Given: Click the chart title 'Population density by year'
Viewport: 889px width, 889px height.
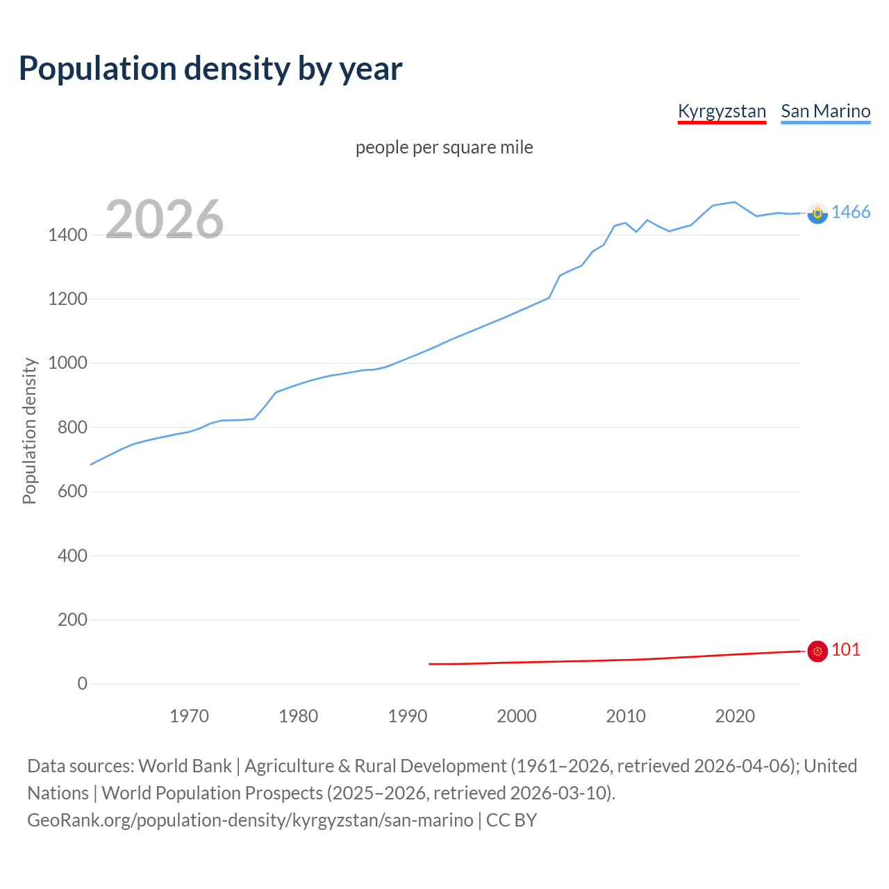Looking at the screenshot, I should [210, 69].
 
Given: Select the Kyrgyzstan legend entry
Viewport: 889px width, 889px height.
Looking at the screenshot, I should [722, 111].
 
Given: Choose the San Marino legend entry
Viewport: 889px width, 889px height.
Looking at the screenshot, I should [825, 111].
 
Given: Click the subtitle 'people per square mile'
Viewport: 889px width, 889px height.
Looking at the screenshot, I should [444, 147].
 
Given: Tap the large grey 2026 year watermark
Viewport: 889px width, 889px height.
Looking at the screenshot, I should [165, 219].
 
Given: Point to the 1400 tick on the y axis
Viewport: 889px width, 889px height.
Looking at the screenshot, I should [67, 235].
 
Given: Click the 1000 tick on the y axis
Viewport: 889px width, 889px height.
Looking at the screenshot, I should [67, 363].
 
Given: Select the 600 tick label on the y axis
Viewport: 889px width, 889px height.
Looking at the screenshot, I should [72, 492].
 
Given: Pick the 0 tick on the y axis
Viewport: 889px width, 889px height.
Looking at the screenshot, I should [83, 684].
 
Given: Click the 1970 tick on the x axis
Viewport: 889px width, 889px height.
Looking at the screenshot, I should [189, 716].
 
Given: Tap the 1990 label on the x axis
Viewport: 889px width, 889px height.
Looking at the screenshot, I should [408, 716].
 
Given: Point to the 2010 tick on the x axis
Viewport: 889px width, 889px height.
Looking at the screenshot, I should [626, 716].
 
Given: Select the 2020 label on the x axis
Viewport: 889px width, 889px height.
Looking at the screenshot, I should [735, 716].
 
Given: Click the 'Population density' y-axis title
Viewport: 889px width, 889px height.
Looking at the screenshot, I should [29, 431].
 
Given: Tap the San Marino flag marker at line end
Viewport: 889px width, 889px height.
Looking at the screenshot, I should [817, 213].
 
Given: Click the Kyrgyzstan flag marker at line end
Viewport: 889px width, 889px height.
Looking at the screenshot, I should [817, 651].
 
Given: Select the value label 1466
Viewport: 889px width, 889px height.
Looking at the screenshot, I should [851, 213].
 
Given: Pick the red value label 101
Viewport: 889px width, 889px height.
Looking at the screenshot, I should [846, 650].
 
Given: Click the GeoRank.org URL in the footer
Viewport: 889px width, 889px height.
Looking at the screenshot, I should [250, 820].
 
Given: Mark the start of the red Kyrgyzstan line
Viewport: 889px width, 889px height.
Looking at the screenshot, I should [430, 664].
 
